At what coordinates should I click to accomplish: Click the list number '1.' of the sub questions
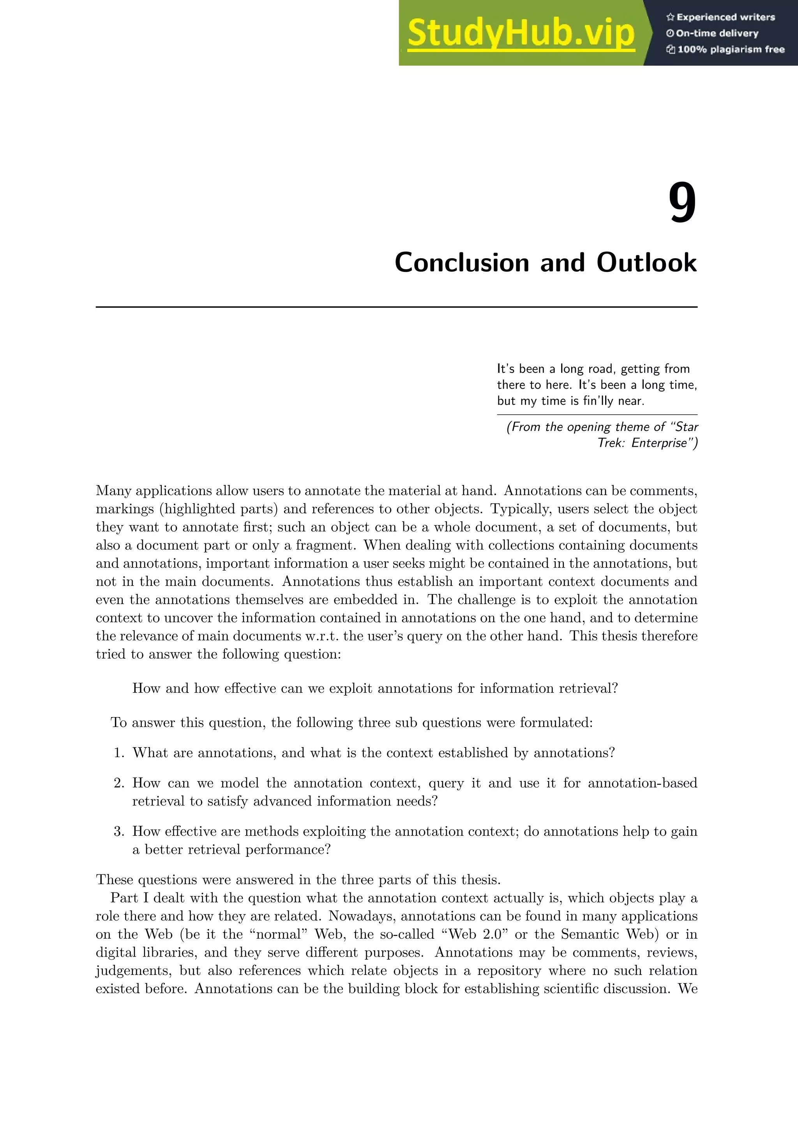click(x=119, y=753)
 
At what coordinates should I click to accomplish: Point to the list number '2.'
click(x=119, y=783)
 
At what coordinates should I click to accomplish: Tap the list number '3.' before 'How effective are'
click(x=119, y=831)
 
